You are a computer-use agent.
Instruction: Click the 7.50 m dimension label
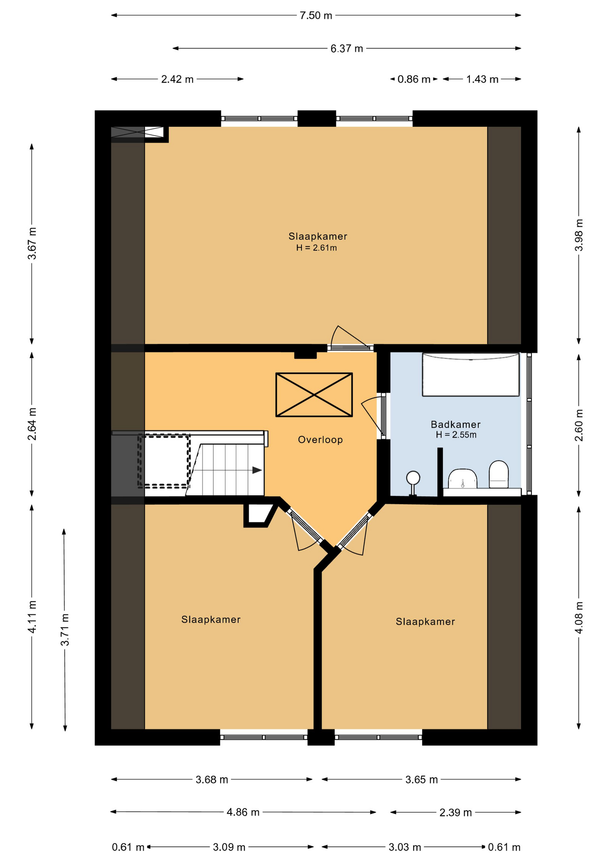(x=316, y=16)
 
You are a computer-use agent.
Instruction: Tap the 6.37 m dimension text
(x=347, y=48)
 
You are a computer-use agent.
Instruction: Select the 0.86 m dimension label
(x=414, y=79)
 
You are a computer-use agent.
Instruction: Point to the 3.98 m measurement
(x=579, y=235)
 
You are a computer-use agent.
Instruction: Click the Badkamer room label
(x=455, y=424)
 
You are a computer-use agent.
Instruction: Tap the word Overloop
(x=320, y=440)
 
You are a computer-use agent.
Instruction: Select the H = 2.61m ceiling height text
(x=316, y=248)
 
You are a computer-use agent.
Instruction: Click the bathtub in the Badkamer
(x=471, y=375)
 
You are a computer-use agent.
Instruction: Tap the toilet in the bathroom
(x=499, y=474)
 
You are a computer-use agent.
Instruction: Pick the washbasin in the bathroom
(x=463, y=479)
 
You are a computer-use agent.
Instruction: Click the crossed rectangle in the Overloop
(x=314, y=395)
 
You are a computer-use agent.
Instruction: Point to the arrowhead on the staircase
(x=257, y=470)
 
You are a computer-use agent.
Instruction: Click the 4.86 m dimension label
(x=243, y=812)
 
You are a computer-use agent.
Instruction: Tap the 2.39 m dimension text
(x=455, y=813)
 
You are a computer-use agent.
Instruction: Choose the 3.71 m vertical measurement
(x=65, y=629)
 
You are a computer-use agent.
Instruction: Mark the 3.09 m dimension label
(x=229, y=847)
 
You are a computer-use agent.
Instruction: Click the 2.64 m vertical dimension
(x=32, y=424)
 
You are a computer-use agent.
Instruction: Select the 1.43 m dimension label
(x=482, y=79)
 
